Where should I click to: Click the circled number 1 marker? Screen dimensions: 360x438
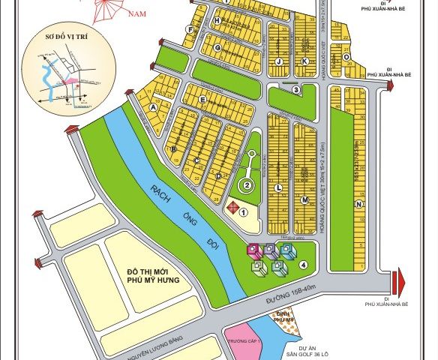(x=243, y=212)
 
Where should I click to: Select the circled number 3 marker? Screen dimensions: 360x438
(x=296, y=90)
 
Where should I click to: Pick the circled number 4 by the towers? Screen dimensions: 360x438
(x=303, y=265)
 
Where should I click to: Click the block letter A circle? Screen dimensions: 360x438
(x=154, y=107)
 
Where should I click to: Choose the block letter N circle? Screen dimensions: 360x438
(x=360, y=204)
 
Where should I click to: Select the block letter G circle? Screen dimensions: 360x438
(x=217, y=49)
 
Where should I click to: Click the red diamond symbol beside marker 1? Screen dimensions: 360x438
(x=232, y=206)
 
